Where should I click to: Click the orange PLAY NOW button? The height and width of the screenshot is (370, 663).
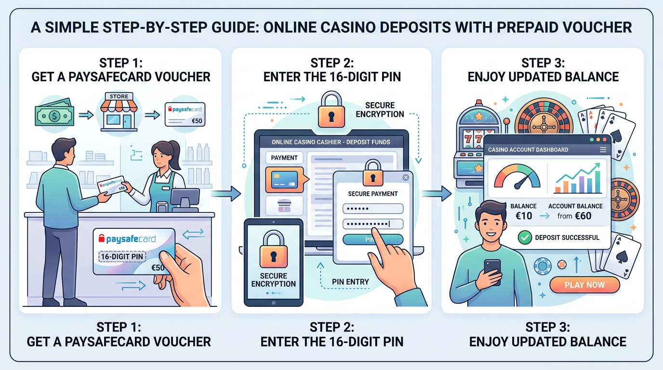pos(584,285)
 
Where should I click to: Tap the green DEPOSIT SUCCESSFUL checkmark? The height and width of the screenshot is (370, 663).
pos(523,237)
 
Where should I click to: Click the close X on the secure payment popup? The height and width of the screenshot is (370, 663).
pos(406,177)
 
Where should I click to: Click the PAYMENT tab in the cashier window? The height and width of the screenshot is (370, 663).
pos(284,158)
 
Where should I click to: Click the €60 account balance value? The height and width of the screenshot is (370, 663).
pos(582,216)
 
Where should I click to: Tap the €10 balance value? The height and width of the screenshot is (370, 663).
pos(523,216)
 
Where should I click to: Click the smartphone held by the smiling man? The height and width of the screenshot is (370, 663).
pos(492,271)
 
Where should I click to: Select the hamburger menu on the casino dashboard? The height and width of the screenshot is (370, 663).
pos(603,150)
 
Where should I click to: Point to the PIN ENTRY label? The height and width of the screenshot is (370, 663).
pos(350,281)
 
